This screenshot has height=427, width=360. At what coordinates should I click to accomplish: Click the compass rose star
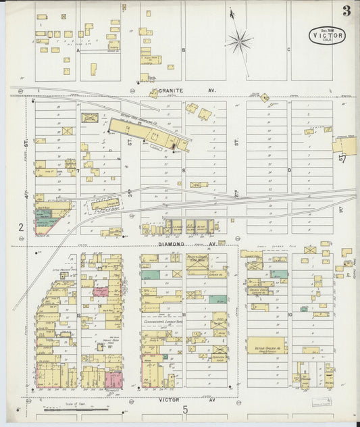239,42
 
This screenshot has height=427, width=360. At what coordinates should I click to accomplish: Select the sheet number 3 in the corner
346,11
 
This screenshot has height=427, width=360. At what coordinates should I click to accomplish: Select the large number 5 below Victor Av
184,409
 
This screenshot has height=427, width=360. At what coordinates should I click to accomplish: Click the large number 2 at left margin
21,228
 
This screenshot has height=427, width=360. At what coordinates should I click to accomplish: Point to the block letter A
78,50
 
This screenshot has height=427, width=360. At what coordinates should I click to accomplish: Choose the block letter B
183,50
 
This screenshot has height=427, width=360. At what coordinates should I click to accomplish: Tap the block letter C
288,50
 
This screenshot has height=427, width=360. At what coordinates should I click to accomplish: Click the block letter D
289,170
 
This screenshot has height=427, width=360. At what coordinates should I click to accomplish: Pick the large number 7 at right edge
343,159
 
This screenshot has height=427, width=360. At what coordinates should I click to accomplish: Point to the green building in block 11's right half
216,299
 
